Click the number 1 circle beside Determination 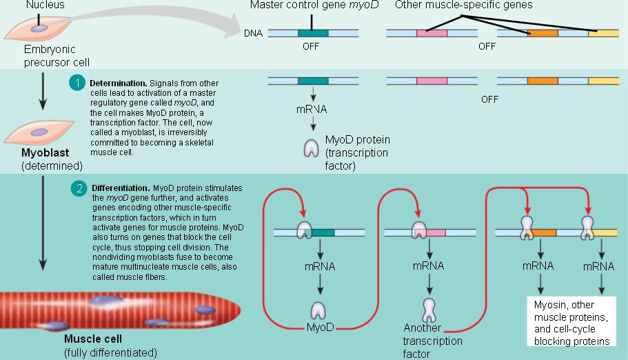point(79,83)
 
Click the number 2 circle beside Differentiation point(79,188)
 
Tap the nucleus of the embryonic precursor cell point(41,28)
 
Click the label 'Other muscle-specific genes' point(463,6)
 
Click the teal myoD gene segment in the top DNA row point(312,32)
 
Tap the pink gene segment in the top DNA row point(432,32)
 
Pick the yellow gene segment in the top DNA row point(607,32)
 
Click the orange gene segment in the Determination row point(543,81)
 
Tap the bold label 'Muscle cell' point(93,339)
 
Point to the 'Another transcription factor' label point(433,341)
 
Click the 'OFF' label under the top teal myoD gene point(312,48)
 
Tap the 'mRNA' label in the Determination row point(312,110)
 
